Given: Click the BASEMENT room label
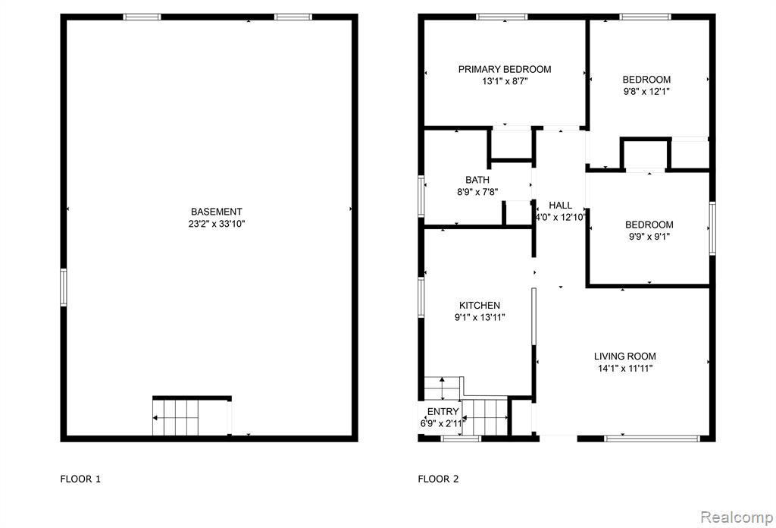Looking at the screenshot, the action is pos(216,212).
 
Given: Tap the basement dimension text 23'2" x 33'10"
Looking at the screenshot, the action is pos(217,224).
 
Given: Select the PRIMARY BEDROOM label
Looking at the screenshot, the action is pos(504,69).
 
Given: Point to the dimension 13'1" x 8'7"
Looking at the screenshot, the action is pos(505,81).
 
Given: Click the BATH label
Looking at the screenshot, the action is pos(477,180).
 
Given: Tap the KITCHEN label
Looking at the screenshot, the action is pos(480,306).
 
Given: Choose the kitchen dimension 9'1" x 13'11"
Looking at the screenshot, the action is pos(480,318).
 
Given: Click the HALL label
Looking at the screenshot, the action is pos(560,205).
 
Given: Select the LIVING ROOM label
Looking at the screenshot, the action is pos(625,356).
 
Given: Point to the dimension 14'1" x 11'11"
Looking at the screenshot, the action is pos(625,369).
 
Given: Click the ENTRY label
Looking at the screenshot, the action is pos(443,412).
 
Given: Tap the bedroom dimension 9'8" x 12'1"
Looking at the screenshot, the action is pos(646,92).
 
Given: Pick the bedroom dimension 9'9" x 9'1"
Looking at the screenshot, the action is pos(649,237).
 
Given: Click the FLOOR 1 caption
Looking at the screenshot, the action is pos(80,479).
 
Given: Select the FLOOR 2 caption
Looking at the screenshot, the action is pos(438,479).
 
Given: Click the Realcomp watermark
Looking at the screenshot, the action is pos(737,517).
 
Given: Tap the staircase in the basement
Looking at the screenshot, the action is pos(176,417).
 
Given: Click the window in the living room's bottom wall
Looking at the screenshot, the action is pos(652,438).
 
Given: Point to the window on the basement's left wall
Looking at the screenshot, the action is pos(64,288).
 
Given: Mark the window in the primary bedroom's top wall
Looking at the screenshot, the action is pos(502,17).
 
